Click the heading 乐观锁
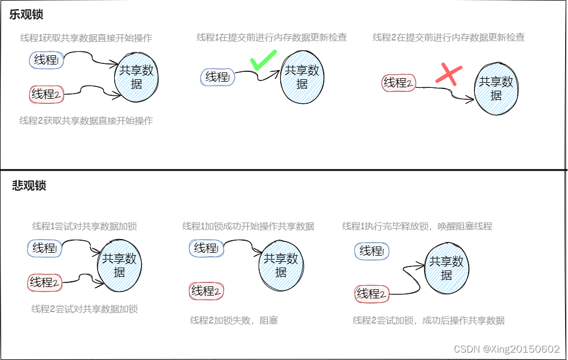point(26,15)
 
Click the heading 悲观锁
point(29,186)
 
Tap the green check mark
point(263,60)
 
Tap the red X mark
point(449,75)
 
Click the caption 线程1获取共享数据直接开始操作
point(86,38)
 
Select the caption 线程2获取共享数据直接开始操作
point(86,120)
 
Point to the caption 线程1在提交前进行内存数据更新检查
point(272,38)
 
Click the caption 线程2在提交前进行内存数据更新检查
point(449,38)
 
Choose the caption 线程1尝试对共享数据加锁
point(84,226)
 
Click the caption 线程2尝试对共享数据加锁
point(84,309)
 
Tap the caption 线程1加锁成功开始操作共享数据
point(248,226)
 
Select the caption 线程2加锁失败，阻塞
point(234,321)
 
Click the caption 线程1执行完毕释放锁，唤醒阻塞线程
point(417,226)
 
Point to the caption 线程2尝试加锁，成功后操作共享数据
point(429,321)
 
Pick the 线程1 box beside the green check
point(217,78)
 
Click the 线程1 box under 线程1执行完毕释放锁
point(372,251)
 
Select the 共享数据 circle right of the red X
point(496,89)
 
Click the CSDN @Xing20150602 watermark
point(506,349)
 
